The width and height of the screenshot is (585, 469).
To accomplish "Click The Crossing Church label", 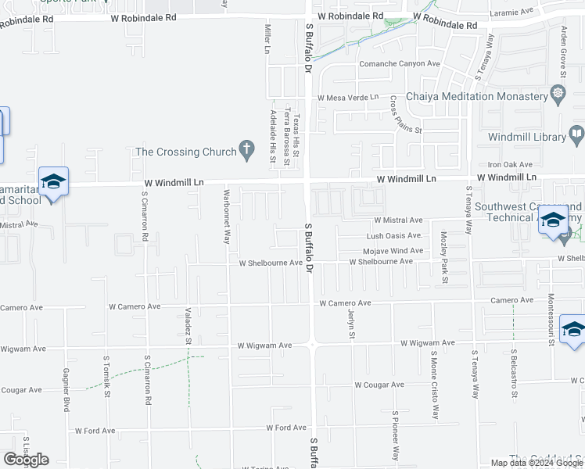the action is point(185,152).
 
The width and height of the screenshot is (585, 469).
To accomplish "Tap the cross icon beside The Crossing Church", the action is point(247,149).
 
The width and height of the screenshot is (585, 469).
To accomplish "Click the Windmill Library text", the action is point(526,137).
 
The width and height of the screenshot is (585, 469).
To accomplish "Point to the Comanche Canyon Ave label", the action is point(399,63).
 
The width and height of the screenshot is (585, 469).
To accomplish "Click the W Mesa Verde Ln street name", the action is point(347,98).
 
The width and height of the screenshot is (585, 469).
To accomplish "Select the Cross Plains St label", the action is point(405,114).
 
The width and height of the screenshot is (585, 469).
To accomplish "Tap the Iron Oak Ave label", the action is point(510,165).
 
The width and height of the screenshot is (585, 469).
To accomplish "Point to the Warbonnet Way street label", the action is point(226,217).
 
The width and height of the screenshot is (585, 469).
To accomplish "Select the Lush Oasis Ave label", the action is point(395,235).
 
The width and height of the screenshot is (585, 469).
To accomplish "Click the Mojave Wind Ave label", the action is point(393,251).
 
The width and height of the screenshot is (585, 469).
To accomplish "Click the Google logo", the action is point(26,460).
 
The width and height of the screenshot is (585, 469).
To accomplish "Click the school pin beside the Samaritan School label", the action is point(53,183).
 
